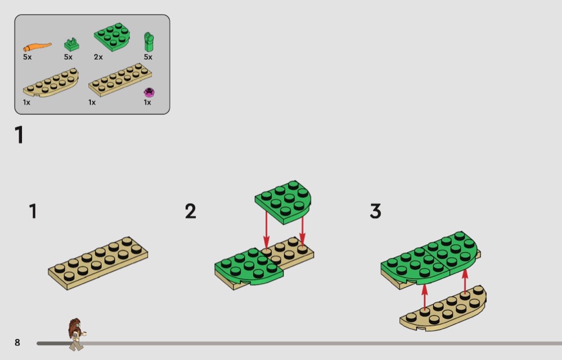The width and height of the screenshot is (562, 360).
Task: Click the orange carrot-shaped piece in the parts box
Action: [37, 47]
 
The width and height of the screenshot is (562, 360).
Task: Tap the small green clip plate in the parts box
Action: [72, 44]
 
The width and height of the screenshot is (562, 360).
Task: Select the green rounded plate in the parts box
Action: [112, 37]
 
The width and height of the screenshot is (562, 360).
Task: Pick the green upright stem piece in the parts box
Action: [149, 42]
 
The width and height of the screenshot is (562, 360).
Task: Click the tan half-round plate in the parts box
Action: [51, 83]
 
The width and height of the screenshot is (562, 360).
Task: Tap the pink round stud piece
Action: [149, 93]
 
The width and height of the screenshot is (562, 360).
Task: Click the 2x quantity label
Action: [98, 57]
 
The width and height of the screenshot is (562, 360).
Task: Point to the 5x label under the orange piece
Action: [27, 57]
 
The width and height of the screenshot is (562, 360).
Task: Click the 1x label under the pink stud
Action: [147, 103]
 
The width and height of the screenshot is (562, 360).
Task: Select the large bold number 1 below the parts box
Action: [19, 135]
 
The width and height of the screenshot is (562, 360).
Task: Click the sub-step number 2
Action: [191, 211]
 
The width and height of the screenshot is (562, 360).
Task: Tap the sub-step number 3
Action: [375, 211]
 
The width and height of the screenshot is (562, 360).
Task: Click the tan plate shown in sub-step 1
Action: [98, 263]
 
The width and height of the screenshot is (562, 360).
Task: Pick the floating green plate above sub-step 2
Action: [283, 202]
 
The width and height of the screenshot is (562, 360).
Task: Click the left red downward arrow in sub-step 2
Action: [267, 229]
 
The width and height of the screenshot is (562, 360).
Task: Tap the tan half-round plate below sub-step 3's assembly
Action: [443, 309]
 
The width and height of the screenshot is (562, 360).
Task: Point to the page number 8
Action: [17, 342]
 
